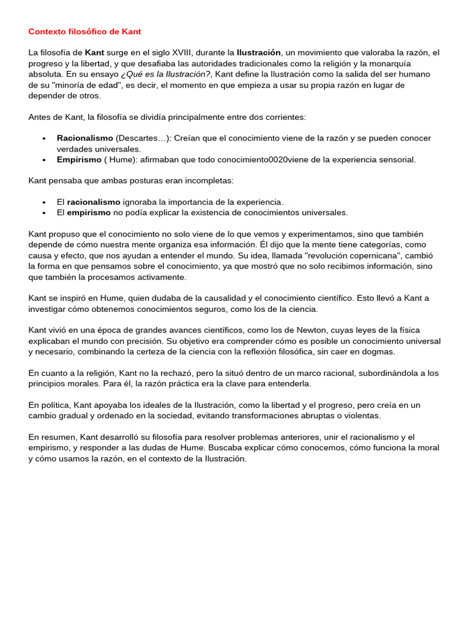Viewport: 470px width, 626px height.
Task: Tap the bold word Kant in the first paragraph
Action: pyautogui.click(x=95, y=53)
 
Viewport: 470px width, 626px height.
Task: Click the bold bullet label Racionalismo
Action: pyautogui.click(x=85, y=138)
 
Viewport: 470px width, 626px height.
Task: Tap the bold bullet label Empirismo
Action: pyautogui.click(x=80, y=160)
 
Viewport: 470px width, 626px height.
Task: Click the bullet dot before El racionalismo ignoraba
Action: pyautogui.click(x=44, y=202)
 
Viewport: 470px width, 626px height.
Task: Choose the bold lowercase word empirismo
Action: pyautogui.click(x=89, y=213)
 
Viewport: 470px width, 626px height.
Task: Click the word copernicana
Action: pyautogui.click(x=375, y=256)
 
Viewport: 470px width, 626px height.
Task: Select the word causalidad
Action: pyautogui.click(x=222, y=298)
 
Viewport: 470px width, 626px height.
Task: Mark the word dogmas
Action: pyautogui.click(x=380, y=352)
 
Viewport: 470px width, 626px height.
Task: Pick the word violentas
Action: pyautogui.click(x=361, y=416)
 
